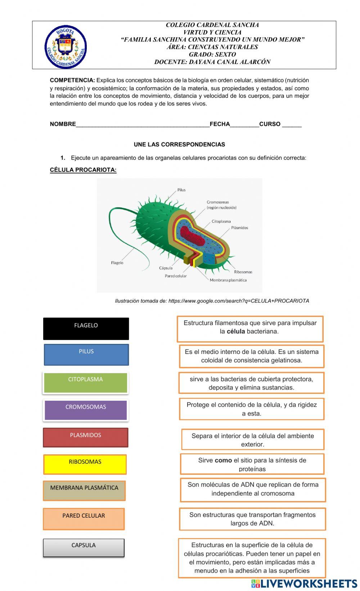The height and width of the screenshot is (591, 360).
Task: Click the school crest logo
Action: [x=66, y=47]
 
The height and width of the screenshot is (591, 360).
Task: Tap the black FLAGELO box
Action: [x=86, y=328]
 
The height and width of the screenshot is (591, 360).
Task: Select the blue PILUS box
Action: [x=86, y=355]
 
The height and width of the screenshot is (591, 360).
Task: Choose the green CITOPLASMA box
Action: [x=86, y=383]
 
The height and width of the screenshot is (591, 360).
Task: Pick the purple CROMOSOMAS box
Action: [x=86, y=410]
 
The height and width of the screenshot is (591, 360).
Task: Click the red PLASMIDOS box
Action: [x=86, y=437]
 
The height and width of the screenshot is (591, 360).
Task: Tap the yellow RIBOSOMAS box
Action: [x=85, y=464]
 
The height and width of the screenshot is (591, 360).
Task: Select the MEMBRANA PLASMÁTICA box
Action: [x=84, y=491]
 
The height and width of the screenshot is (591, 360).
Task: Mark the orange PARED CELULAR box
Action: [x=84, y=519]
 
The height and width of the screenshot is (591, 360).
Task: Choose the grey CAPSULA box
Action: [x=84, y=548]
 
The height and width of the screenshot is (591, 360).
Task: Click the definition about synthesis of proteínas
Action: [x=252, y=464]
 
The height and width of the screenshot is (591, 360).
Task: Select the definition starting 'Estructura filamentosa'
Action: [x=250, y=329]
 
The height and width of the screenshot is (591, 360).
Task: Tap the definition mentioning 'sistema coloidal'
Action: [x=252, y=356]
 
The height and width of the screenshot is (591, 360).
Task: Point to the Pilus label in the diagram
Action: [x=181, y=190]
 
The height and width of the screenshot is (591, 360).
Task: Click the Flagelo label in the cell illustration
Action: [x=117, y=263]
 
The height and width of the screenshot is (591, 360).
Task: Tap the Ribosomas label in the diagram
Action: [x=243, y=272]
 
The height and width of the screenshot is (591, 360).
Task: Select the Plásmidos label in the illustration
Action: [x=239, y=228]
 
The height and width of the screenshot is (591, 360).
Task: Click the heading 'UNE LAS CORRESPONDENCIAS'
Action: [x=179, y=145]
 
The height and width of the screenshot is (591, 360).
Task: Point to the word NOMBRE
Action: [x=63, y=124]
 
